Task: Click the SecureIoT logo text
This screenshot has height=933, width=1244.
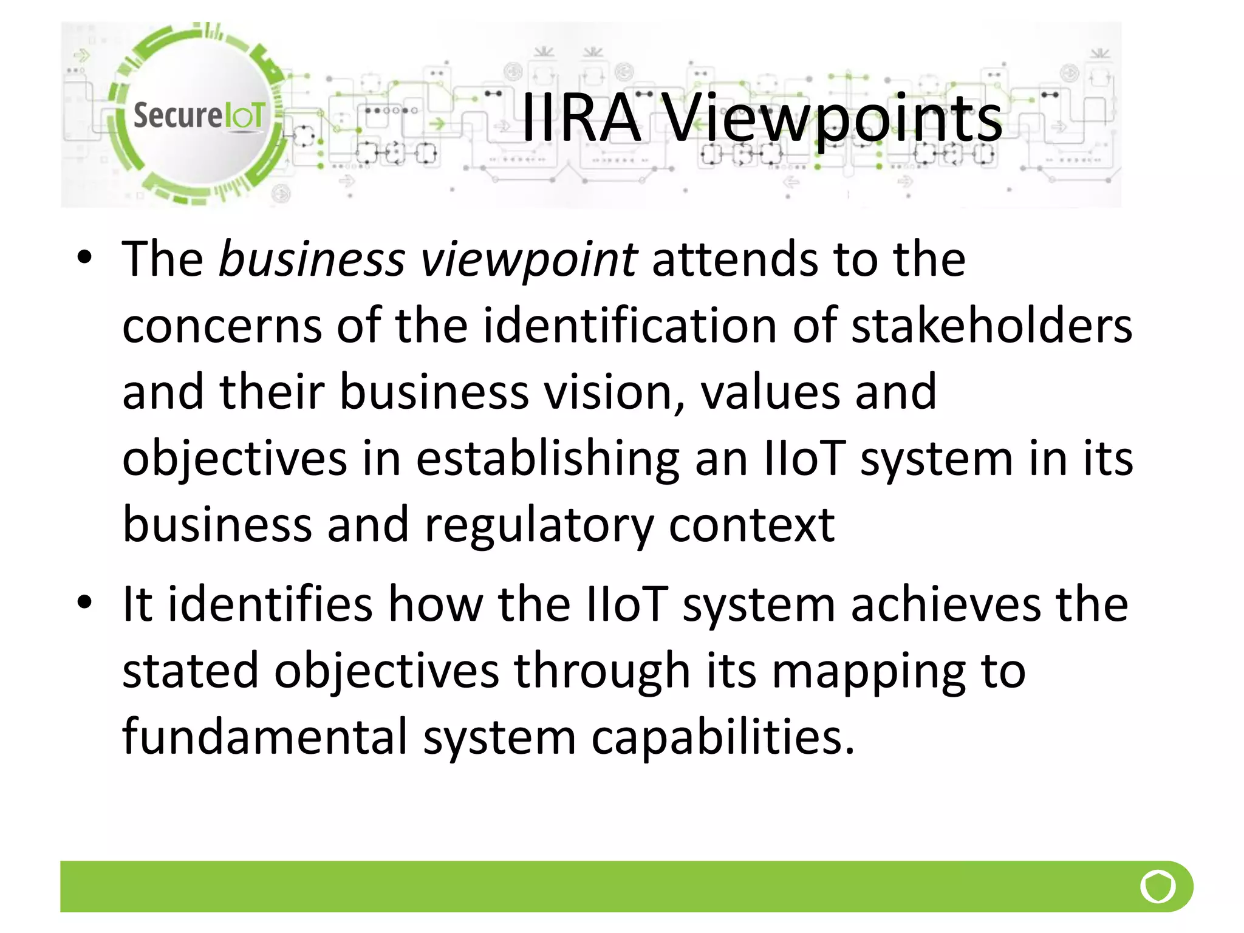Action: coord(199,115)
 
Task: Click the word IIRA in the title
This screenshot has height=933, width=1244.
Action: coord(581,118)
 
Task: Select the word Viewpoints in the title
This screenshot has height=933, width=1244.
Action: coord(832,119)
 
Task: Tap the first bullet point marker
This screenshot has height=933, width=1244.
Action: coord(84,258)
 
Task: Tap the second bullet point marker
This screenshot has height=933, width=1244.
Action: coord(84,603)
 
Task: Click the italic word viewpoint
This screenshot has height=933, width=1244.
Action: coord(529,260)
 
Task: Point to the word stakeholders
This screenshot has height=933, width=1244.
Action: coord(991,326)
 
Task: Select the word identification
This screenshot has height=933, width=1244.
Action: coord(630,326)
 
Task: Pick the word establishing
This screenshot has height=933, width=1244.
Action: coord(547,459)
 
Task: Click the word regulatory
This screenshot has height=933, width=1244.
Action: coord(538,526)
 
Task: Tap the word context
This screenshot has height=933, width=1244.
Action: coord(751,525)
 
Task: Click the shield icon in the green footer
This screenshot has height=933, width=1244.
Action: coord(1158,886)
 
